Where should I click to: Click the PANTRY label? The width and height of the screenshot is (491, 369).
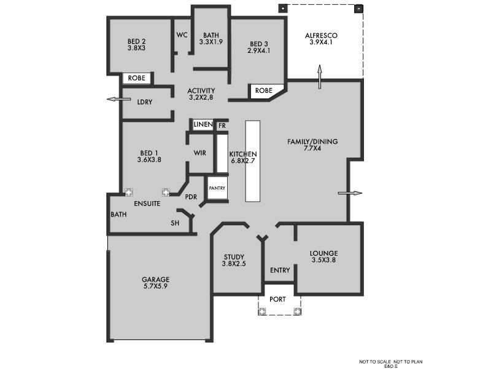click(217, 188)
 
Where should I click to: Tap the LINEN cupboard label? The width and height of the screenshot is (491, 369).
click(203, 125)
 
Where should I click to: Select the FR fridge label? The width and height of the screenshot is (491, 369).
click(222, 126)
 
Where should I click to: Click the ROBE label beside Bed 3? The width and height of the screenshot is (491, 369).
click(264, 90)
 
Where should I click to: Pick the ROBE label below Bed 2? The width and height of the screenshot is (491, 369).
click(136, 78)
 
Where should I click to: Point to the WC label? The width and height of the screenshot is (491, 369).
click(182, 35)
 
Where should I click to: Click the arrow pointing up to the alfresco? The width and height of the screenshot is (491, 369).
click(320, 77)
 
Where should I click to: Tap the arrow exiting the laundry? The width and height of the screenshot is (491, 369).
click(119, 99)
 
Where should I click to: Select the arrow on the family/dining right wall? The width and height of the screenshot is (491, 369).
click(350, 193)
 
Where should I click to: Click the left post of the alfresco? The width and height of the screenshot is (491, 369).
click(283, 9)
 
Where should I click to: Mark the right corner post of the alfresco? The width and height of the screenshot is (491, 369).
click(359, 9)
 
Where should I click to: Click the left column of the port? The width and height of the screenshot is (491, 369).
click(262, 311)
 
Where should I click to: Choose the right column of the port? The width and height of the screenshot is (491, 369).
click(297, 311)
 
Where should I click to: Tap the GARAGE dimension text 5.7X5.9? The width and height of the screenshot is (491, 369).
click(156, 286)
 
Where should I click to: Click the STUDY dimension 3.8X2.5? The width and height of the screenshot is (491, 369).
click(234, 264)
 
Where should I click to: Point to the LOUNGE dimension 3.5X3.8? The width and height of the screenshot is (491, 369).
click(324, 260)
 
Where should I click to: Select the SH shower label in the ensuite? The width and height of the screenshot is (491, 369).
click(175, 223)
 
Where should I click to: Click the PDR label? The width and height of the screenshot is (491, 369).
click(191, 197)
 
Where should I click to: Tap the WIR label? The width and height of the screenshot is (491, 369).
click(200, 153)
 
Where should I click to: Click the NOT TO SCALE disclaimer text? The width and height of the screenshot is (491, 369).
click(391, 362)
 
